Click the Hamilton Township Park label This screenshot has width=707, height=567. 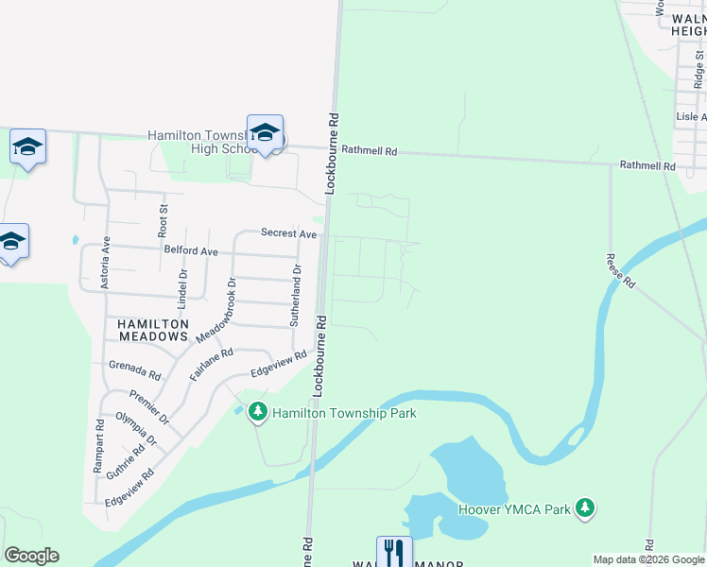click(x=344, y=413)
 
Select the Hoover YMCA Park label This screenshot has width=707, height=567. click(x=515, y=509)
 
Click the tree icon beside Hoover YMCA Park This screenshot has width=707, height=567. click(x=586, y=508)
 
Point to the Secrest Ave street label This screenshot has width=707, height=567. click(x=288, y=233)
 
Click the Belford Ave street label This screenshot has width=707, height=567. click(x=191, y=252)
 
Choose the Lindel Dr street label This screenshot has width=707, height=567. click(x=182, y=289)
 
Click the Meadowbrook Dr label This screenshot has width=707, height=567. click(x=214, y=310)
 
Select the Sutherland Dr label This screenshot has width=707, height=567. click(x=295, y=296)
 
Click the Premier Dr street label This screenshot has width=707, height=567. click(x=149, y=405)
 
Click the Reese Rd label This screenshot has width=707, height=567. click(x=620, y=271)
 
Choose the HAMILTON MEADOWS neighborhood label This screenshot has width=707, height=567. click(x=153, y=330)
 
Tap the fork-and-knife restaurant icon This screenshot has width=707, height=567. click(x=394, y=552)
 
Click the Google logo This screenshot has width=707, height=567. click(x=31, y=556)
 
